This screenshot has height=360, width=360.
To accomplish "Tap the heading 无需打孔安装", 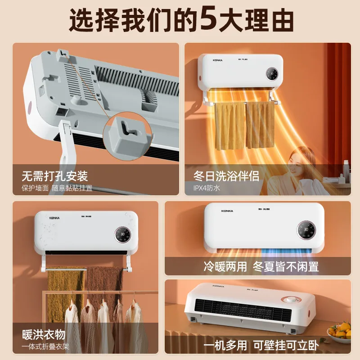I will pyautogui.click(x=55, y=175).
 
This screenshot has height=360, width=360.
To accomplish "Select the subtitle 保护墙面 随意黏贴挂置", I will pyautogui.click(x=57, y=188).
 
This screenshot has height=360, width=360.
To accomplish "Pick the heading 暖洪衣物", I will pyautogui.click(x=44, y=334).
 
